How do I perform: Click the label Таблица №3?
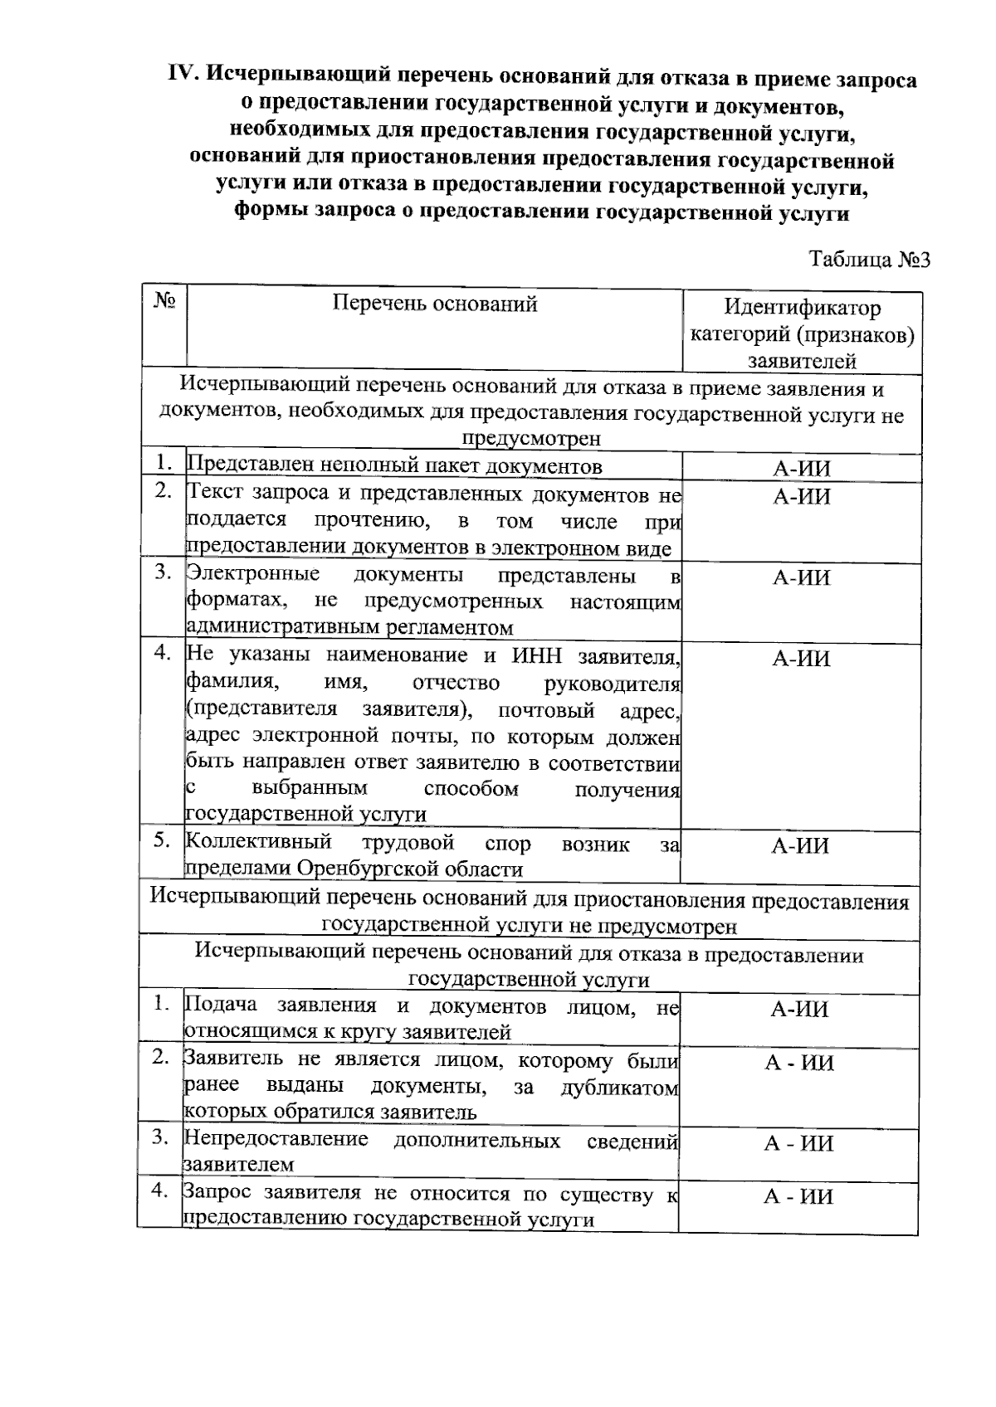click(869, 260)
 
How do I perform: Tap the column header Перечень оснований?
click(434, 304)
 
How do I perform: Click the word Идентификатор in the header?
click(802, 309)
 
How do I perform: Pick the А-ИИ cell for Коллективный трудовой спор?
click(801, 846)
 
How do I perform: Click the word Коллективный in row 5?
click(258, 843)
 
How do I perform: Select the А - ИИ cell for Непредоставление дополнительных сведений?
click(798, 1144)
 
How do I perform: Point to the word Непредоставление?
click(276, 1140)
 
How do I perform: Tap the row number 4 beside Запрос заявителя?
click(160, 1191)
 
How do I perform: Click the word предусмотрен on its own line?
click(531, 439)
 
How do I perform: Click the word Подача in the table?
click(220, 1005)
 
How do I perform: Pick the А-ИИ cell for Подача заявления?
click(798, 1010)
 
